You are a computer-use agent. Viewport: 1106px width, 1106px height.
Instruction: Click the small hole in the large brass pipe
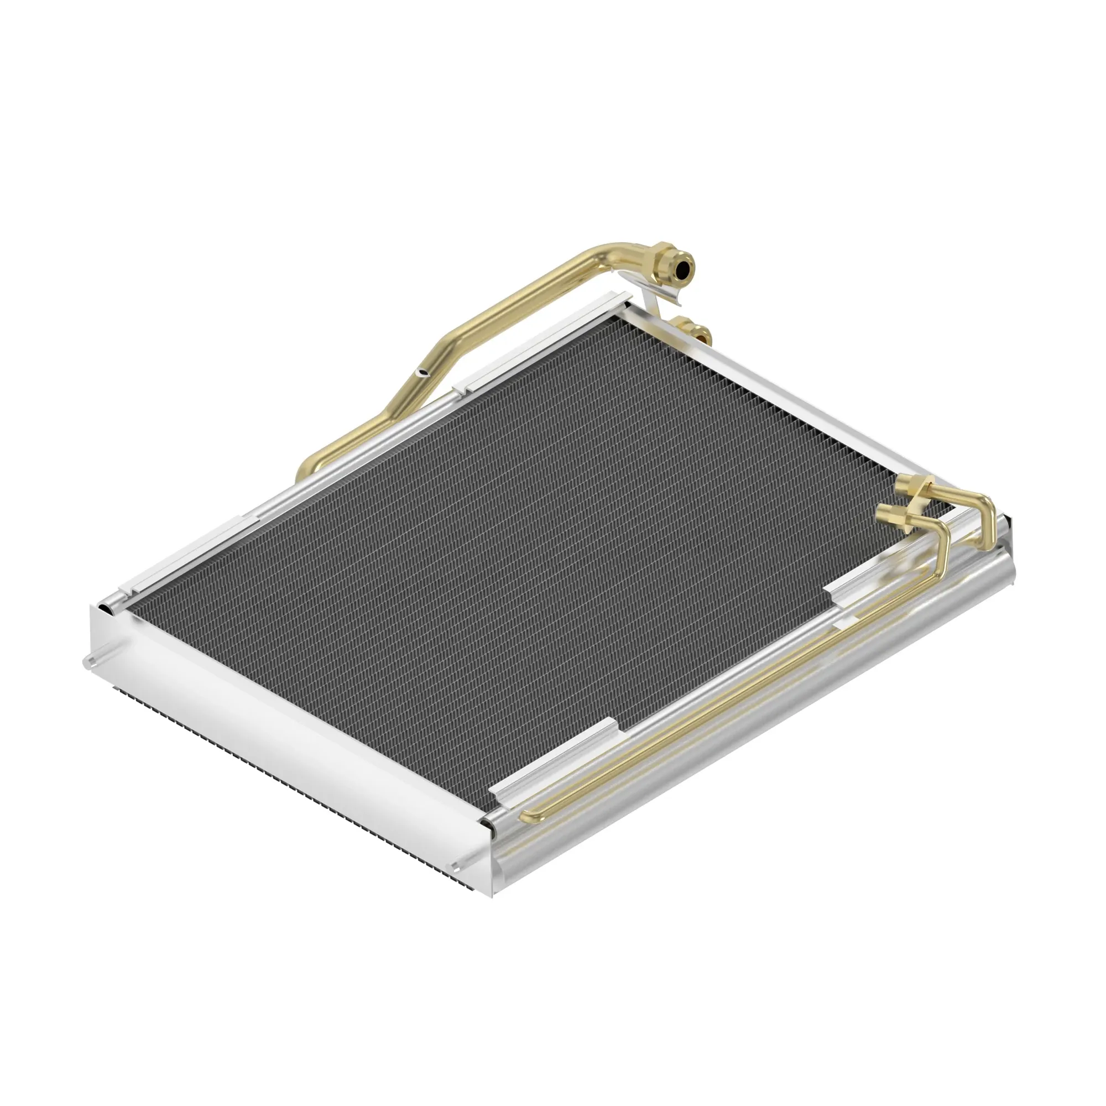click(423, 373)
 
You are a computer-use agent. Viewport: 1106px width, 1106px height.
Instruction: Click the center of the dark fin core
click(515, 550)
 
